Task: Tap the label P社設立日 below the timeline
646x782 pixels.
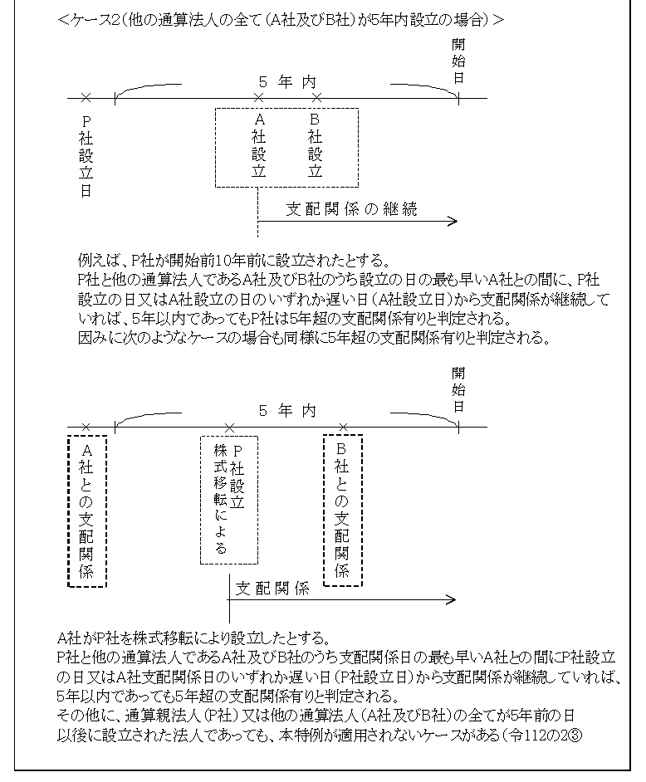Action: pyautogui.click(x=86, y=155)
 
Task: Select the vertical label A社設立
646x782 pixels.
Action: pyautogui.click(x=258, y=147)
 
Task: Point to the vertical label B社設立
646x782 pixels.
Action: pyautogui.click(x=315, y=147)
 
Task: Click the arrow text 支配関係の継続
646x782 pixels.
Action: pyautogui.click(x=351, y=210)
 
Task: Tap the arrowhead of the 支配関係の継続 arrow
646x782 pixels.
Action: pyautogui.click(x=453, y=222)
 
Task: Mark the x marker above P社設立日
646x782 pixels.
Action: pyautogui.click(x=86, y=98)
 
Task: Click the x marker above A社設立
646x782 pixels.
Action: pyautogui.click(x=258, y=98)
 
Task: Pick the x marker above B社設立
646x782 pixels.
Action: pyautogui.click(x=316, y=98)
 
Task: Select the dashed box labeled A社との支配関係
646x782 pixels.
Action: pyautogui.click(x=86, y=511)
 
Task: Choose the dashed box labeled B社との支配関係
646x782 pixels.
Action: pyautogui.click(x=342, y=510)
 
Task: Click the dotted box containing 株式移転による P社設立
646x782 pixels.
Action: pyautogui.click(x=229, y=499)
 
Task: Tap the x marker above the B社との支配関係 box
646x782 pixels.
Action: pyautogui.click(x=343, y=427)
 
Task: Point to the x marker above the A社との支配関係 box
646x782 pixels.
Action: pyautogui.click(x=86, y=427)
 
